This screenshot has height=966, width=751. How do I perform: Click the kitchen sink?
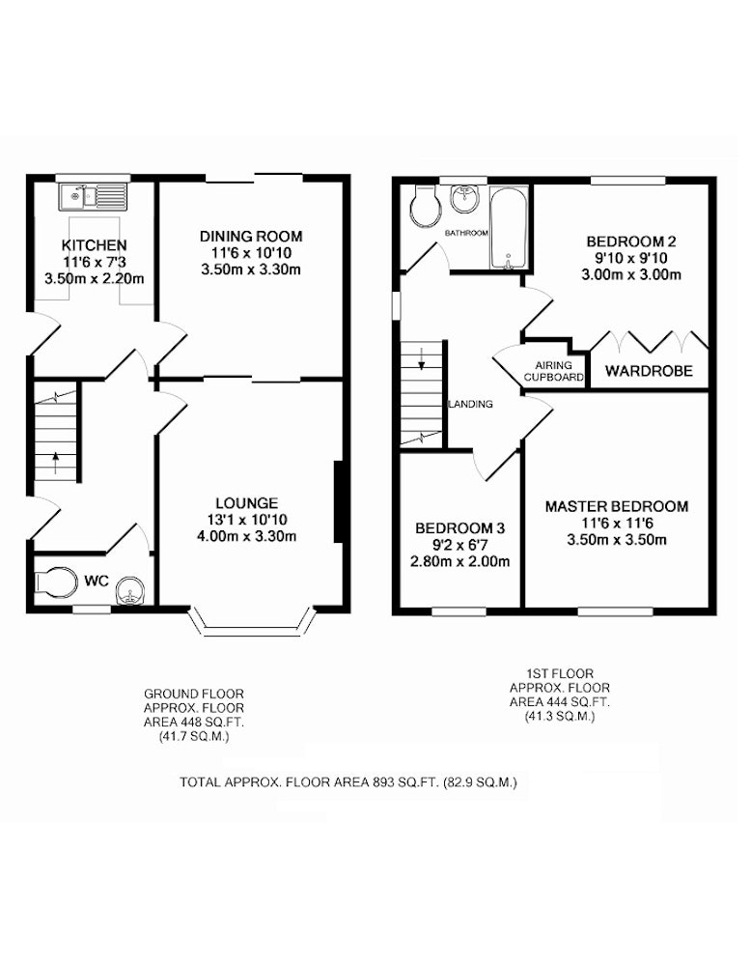[x=93, y=197]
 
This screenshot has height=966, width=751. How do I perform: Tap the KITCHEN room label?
[x=95, y=245]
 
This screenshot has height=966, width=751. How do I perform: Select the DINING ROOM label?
[x=251, y=236]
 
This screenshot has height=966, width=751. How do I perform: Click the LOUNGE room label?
[x=247, y=502]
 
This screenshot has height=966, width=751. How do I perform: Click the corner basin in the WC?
[x=131, y=591]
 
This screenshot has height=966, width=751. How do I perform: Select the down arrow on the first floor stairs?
[x=422, y=358]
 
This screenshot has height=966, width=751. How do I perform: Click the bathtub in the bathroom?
[x=509, y=228]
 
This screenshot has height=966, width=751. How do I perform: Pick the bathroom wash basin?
[x=464, y=199]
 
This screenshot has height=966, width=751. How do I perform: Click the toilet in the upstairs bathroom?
[x=425, y=205]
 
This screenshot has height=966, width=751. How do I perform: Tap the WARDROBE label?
[x=649, y=371]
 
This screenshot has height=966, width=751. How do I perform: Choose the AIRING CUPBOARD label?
[x=553, y=371]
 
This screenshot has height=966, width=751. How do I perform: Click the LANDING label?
[x=471, y=404]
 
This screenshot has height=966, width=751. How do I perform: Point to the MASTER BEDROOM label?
[x=617, y=506]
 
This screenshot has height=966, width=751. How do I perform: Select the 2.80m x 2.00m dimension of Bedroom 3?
[x=459, y=561]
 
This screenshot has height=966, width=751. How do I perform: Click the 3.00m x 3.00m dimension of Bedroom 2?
[x=631, y=274]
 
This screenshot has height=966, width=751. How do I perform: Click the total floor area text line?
[x=348, y=782]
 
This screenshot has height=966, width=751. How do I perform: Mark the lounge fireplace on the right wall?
[x=337, y=502]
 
